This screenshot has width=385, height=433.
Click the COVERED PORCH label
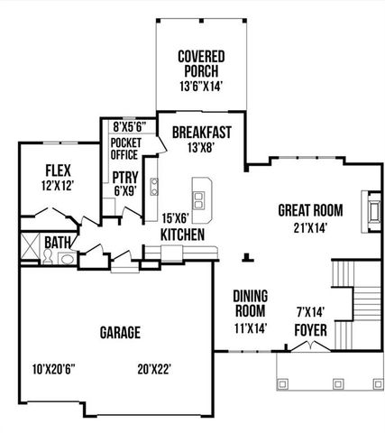tap(200, 61)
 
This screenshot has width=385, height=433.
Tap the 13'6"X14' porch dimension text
tap(200, 86)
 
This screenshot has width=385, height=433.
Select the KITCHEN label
tap(181, 235)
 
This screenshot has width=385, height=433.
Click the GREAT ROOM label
tap(308, 211)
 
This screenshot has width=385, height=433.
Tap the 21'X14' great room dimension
tap(308, 228)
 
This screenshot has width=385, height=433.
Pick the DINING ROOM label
tap(250, 303)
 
